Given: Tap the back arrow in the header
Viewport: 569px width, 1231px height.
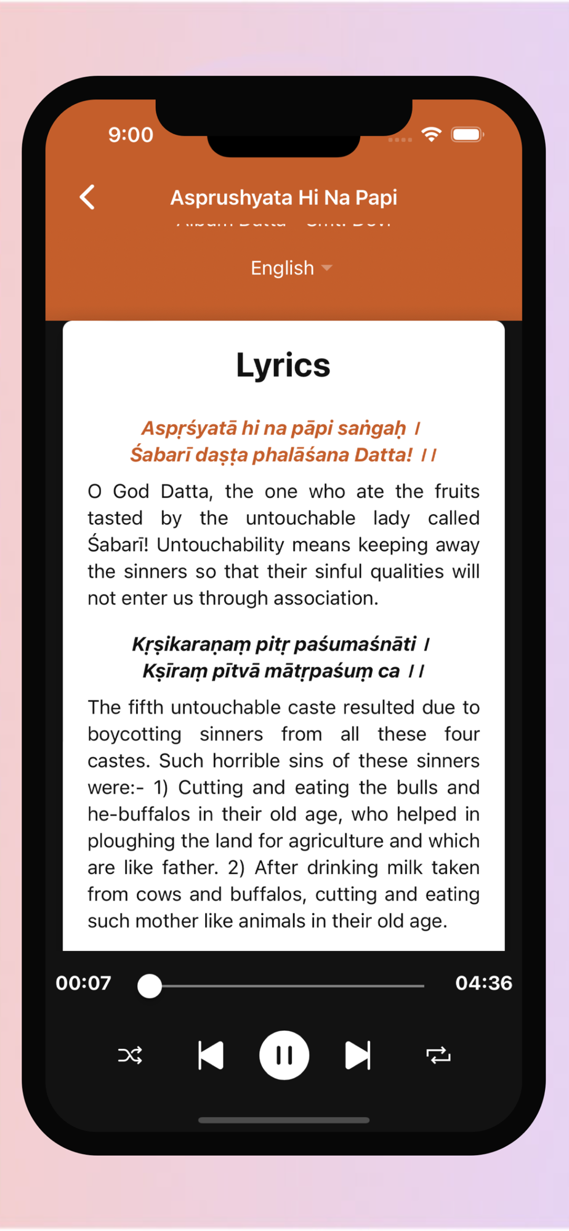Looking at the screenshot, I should (88, 198).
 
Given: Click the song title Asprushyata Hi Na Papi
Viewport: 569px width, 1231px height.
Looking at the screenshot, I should (283, 198).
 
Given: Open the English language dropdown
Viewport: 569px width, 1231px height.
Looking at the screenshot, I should (291, 268).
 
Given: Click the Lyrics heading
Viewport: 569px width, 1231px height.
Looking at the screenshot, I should (283, 365).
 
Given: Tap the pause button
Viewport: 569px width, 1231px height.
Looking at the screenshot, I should (284, 1055).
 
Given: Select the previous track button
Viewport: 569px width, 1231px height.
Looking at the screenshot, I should (211, 1055).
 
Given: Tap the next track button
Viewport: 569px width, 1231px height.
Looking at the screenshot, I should (358, 1055).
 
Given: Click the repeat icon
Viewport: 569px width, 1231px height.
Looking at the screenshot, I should (438, 1055).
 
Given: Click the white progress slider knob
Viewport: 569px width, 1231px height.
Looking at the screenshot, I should (150, 985).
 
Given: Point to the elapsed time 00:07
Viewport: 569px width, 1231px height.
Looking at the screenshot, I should (84, 983).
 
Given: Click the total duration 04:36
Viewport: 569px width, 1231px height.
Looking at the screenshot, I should (483, 983).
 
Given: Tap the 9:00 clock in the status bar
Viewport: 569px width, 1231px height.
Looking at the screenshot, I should (131, 135).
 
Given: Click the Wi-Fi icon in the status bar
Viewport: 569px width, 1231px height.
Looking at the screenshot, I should (432, 134).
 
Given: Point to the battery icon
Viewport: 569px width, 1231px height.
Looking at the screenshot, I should (467, 134).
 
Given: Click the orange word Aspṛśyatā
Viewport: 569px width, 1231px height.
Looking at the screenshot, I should (189, 428).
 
